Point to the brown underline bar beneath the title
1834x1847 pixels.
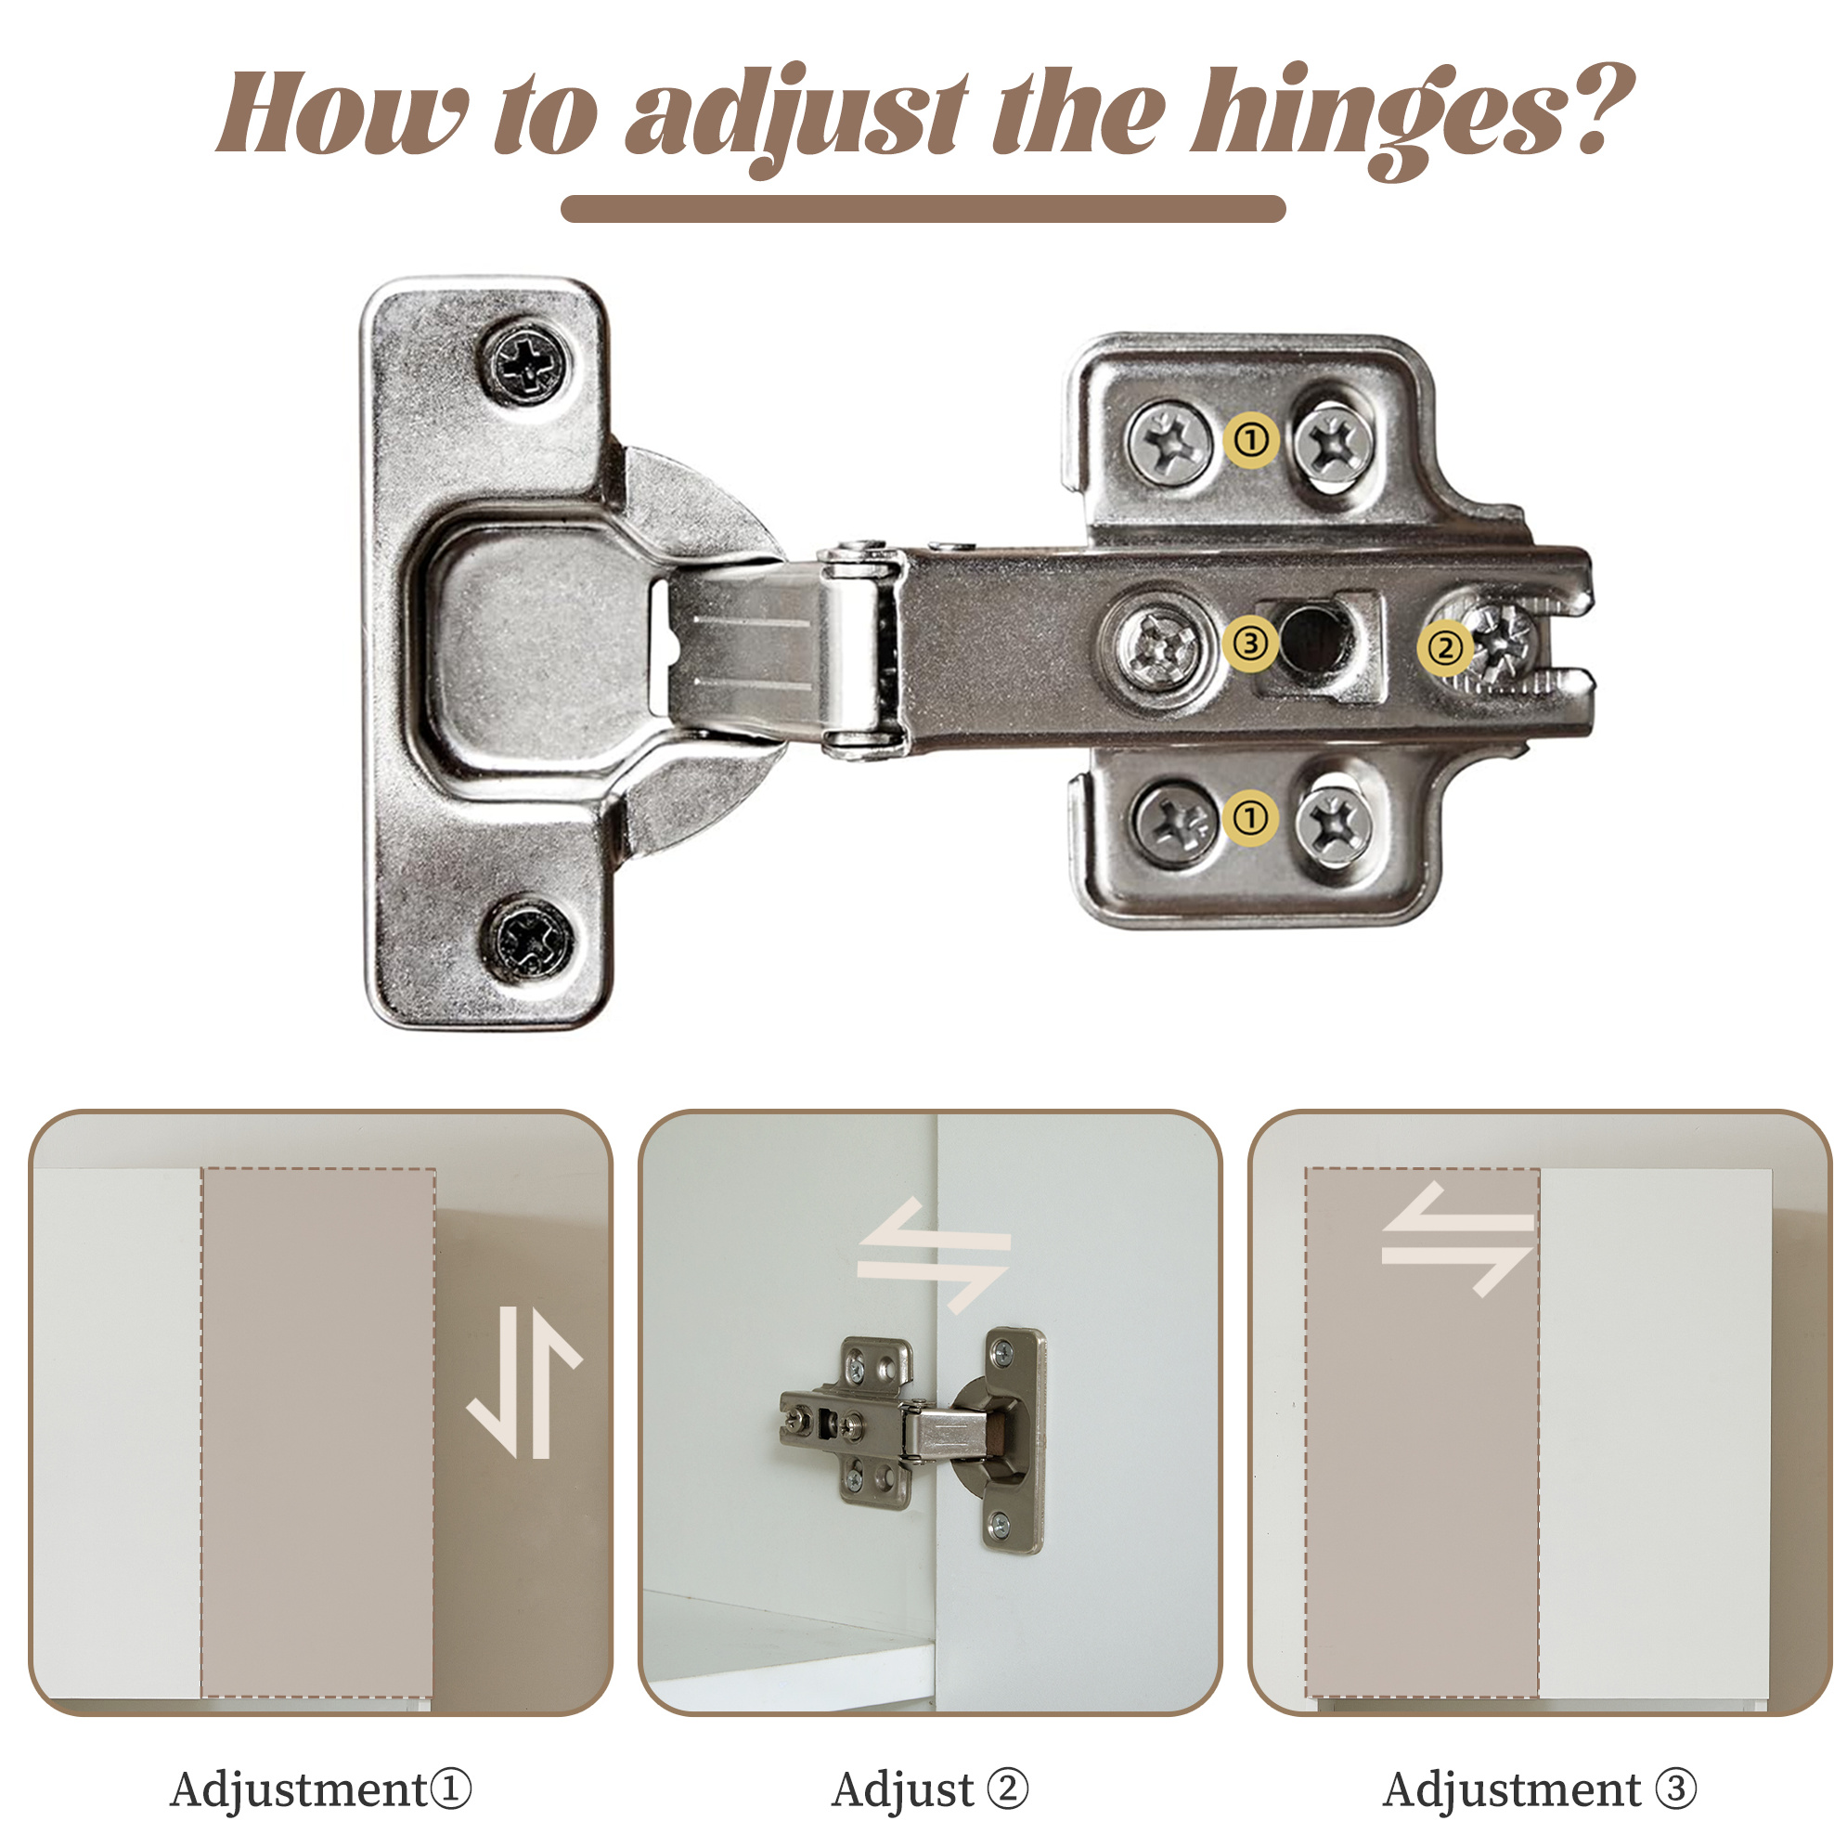click(x=923, y=208)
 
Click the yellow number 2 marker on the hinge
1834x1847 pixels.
click(x=1444, y=648)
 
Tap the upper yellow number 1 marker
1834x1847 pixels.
click(x=1251, y=440)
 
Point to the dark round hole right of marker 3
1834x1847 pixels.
click(x=1310, y=639)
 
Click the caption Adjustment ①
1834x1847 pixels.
click(x=320, y=1788)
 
